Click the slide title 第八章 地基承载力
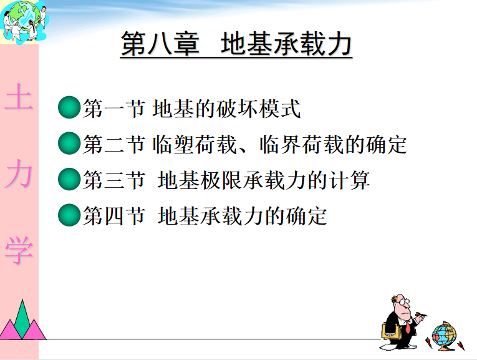(236, 44)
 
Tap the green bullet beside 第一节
(69, 107)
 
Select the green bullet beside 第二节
(69, 143)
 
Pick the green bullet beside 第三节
(69, 179)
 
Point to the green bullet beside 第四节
(69, 215)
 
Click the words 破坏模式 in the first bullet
(259, 109)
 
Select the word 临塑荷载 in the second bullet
(195, 144)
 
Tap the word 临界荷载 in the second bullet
(301, 144)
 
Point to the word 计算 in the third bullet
(350, 180)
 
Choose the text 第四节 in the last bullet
(114, 216)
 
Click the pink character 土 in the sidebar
(19, 97)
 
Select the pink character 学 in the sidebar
(19, 250)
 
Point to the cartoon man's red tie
(407, 327)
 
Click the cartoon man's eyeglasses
(404, 303)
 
